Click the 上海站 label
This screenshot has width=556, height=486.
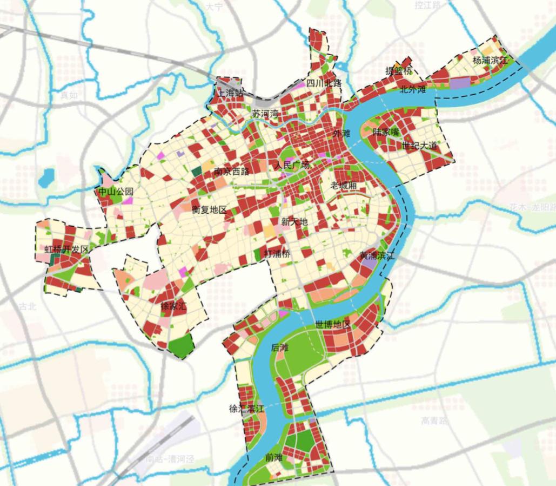point(230,93)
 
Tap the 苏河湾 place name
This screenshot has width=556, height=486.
point(265,114)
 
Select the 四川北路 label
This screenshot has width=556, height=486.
point(324,83)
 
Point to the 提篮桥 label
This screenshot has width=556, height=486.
point(398,70)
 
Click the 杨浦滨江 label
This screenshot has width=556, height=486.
point(491,60)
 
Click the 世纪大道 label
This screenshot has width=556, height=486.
point(419,145)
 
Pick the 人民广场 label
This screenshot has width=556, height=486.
point(292,165)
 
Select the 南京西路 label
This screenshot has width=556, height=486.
point(231,172)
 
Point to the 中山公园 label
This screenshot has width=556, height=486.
point(115,192)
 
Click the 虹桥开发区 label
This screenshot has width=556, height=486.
point(66,249)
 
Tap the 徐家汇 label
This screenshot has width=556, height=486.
point(173,306)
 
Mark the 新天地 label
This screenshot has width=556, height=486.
point(294,221)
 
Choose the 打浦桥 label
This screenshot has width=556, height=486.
point(277,254)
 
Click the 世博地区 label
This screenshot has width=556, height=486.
point(333,324)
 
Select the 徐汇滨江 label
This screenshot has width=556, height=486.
point(246,408)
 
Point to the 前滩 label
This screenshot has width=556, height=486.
point(274,457)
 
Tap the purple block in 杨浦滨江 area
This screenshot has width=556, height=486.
point(460,83)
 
